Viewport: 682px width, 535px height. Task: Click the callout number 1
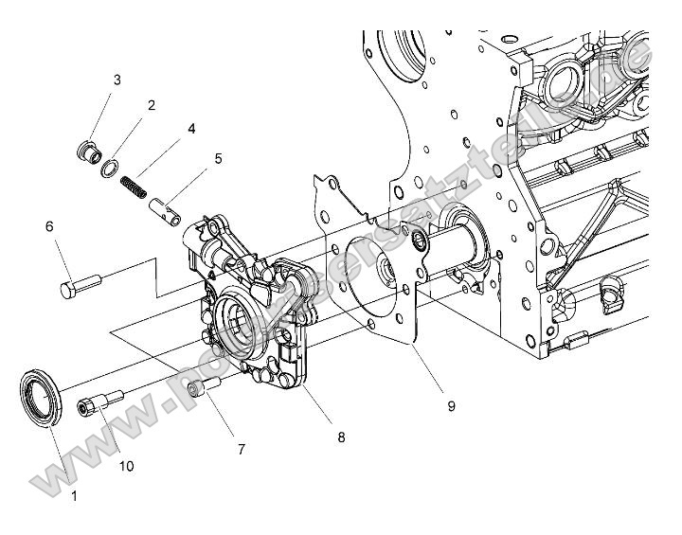(x=74, y=494)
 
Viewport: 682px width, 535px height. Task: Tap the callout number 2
(x=150, y=105)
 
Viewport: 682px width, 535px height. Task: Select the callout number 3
(x=117, y=80)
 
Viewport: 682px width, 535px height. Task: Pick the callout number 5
(x=218, y=158)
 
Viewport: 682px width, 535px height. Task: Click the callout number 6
(x=49, y=226)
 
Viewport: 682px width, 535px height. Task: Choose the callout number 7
(x=242, y=450)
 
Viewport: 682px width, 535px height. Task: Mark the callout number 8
(x=340, y=437)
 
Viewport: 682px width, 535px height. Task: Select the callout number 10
(x=126, y=467)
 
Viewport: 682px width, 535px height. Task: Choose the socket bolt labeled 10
(x=99, y=403)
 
